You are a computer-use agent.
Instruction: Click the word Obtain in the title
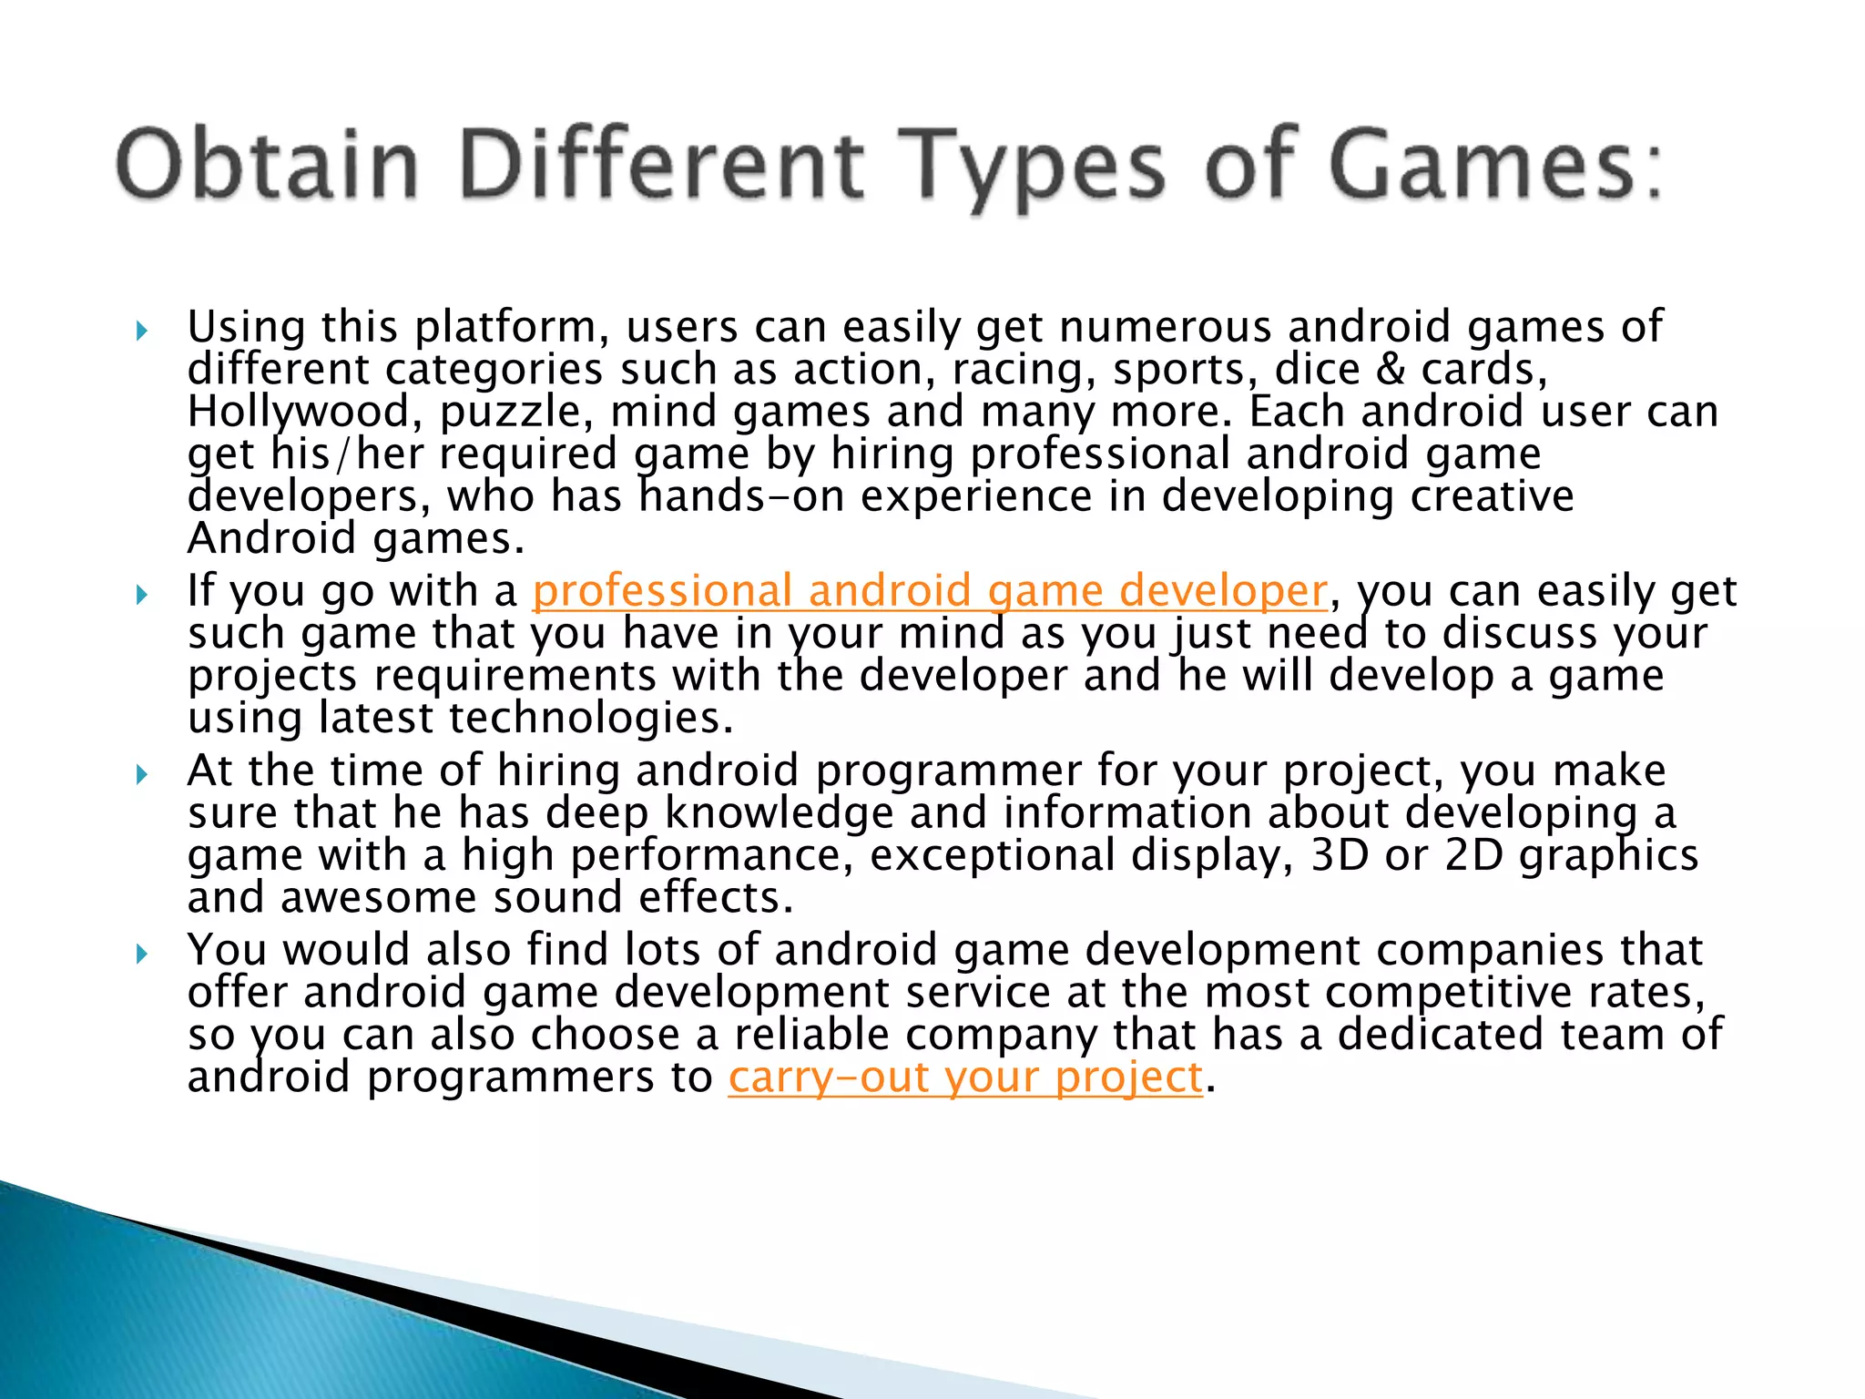pyautogui.click(x=267, y=165)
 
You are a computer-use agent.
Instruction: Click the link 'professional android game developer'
pyautogui.click(x=929, y=592)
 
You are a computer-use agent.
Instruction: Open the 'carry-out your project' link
pyautogui.click(x=965, y=1078)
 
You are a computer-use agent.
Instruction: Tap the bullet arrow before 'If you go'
pyautogui.click(x=141, y=595)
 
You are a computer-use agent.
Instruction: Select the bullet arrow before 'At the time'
pyautogui.click(x=141, y=774)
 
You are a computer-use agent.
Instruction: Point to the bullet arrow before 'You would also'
pyautogui.click(x=141, y=954)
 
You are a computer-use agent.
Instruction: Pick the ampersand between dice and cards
pyautogui.click(x=1391, y=370)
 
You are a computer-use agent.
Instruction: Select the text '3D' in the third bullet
pyautogui.click(x=1340, y=856)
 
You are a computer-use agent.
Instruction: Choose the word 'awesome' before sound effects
pyautogui.click(x=378, y=898)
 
